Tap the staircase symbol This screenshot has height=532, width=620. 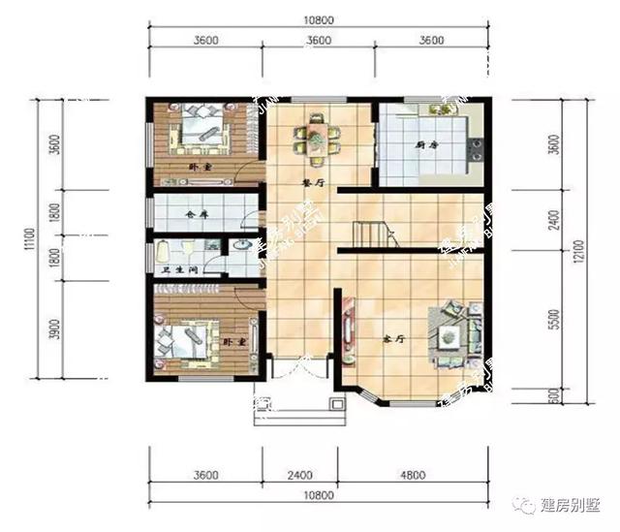(x=371, y=235)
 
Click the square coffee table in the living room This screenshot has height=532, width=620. (x=449, y=338)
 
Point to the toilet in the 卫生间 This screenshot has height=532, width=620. (x=161, y=254)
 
